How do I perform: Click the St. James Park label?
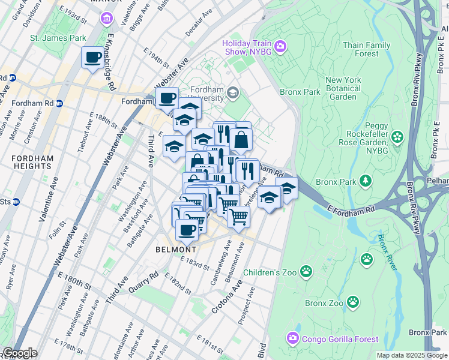[58, 38]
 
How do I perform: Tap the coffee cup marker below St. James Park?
[92, 58]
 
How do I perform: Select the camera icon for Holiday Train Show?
[280, 46]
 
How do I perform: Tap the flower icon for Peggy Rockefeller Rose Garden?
[396, 138]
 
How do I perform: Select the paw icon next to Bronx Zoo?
[354, 303]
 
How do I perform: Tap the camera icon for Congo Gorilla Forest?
[292, 338]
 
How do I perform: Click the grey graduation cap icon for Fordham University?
[233, 94]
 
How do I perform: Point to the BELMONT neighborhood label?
[176, 249]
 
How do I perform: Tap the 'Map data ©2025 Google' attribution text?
[412, 355]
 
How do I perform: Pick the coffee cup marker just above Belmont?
[187, 229]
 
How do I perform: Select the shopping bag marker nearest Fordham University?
[241, 140]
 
